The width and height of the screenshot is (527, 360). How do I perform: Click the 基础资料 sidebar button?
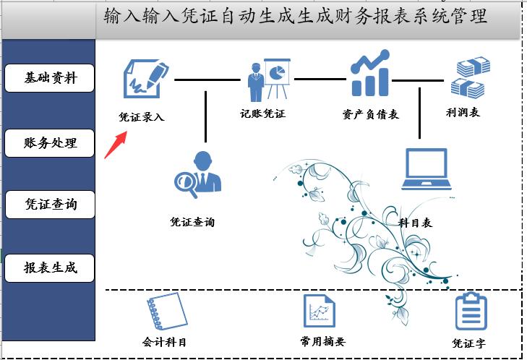pyautogui.click(x=50, y=78)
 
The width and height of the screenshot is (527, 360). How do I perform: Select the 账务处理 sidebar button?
pyautogui.click(x=50, y=143)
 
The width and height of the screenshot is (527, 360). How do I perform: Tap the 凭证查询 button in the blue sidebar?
pyautogui.click(x=50, y=205)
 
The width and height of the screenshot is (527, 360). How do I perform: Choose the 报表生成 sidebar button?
pyautogui.click(x=50, y=267)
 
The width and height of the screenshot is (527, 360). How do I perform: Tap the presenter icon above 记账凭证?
pyautogui.click(x=268, y=80)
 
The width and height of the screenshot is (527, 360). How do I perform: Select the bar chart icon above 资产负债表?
pyautogui.click(x=370, y=74)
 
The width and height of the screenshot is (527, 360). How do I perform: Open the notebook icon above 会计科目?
pyautogui.click(x=166, y=312)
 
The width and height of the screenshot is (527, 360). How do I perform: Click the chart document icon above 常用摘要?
pyautogui.click(x=320, y=312)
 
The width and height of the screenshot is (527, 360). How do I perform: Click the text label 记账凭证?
pyautogui.click(x=263, y=113)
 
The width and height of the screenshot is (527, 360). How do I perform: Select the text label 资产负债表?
pyautogui.click(x=370, y=114)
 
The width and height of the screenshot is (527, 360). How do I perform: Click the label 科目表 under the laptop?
pyautogui.click(x=416, y=223)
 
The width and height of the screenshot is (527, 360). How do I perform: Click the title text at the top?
pyautogui.click(x=295, y=17)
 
